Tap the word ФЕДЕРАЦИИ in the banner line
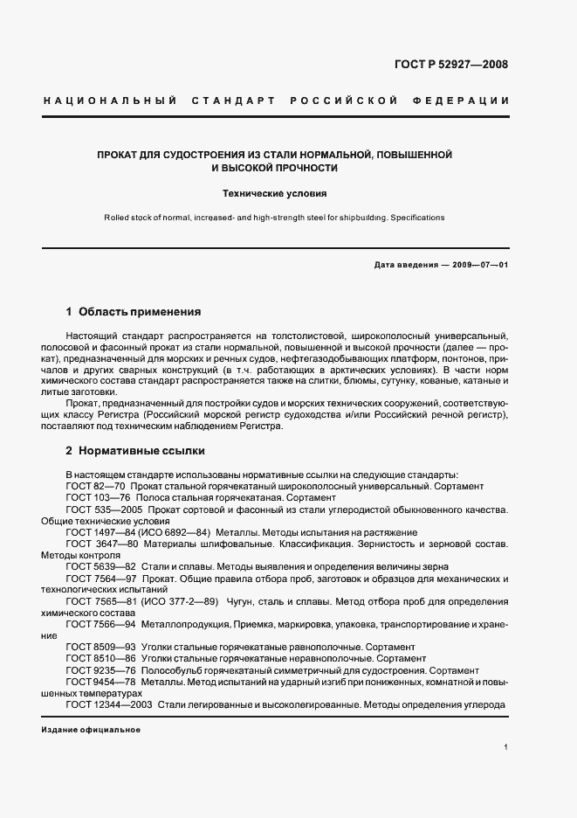[x=467, y=101]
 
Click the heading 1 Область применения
[x=134, y=311]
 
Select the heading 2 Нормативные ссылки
[x=135, y=452]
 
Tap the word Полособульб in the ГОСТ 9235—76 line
[x=175, y=670]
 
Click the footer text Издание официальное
[x=85, y=731]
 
